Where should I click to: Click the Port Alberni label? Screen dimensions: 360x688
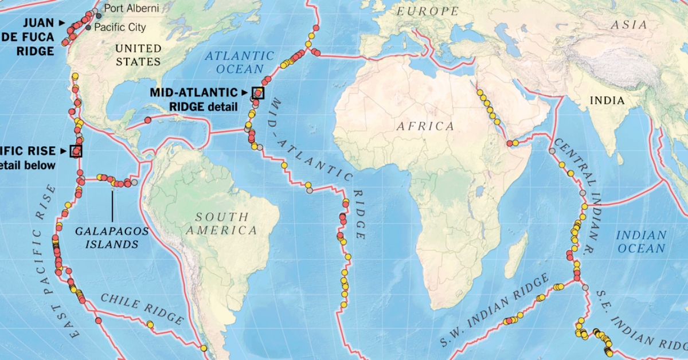click(x=131, y=9)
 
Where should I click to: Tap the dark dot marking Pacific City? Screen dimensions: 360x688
click(x=88, y=28)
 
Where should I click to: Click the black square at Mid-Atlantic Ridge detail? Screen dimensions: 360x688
click(x=258, y=93)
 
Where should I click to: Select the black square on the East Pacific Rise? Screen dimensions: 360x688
click(x=76, y=151)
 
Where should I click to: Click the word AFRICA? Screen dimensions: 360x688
click(x=425, y=126)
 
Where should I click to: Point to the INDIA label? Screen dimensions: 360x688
click(x=607, y=100)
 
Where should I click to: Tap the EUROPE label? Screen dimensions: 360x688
click(x=428, y=11)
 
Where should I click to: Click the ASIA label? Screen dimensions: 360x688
click(x=629, y=25)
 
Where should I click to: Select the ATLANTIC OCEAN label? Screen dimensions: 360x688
click(x=240, y=62)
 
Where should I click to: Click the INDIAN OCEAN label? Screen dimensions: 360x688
click(x=641, y=241)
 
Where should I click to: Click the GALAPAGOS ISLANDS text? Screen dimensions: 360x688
click(x=112, y=237)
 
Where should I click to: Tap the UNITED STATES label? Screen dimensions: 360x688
click(x=138, y=54)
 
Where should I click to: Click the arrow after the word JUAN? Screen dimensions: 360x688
click(x=62, y=22)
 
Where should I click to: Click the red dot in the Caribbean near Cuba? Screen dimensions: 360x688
click(x=147, y=120)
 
